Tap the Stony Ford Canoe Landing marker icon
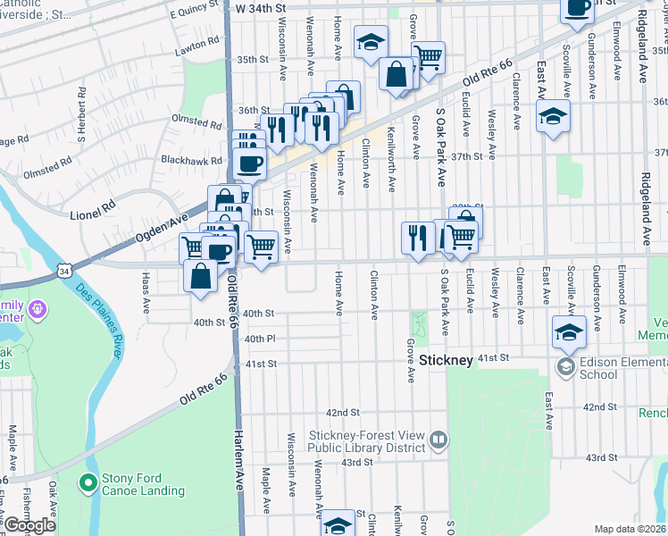[88, 483]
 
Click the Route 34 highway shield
[63, 269]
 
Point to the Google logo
[29, 525]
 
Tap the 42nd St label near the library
[342, 413]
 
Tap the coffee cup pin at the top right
[577, 7]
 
